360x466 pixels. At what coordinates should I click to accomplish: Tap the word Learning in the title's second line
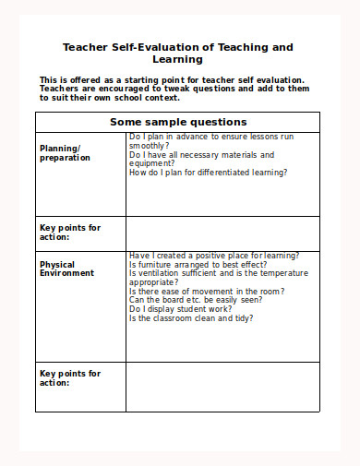(178, 59)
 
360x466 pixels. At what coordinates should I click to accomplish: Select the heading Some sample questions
(178, 122)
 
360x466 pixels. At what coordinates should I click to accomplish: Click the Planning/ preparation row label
(65, 152)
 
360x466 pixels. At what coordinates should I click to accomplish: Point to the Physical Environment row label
(66, 269)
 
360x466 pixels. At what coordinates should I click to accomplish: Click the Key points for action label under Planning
(70, 232)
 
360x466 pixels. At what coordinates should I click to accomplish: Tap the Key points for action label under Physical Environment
(70, 377)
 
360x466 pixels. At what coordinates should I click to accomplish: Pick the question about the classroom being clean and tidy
(191, 318)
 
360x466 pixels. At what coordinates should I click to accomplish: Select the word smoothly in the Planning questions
(149, 146)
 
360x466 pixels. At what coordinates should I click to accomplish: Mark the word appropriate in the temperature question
(152, 282)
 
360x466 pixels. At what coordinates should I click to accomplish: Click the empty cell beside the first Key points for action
(222, 233)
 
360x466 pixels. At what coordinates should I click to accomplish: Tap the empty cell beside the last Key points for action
(222, 387)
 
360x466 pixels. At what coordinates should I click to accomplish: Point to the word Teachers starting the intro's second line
(59, 90)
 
